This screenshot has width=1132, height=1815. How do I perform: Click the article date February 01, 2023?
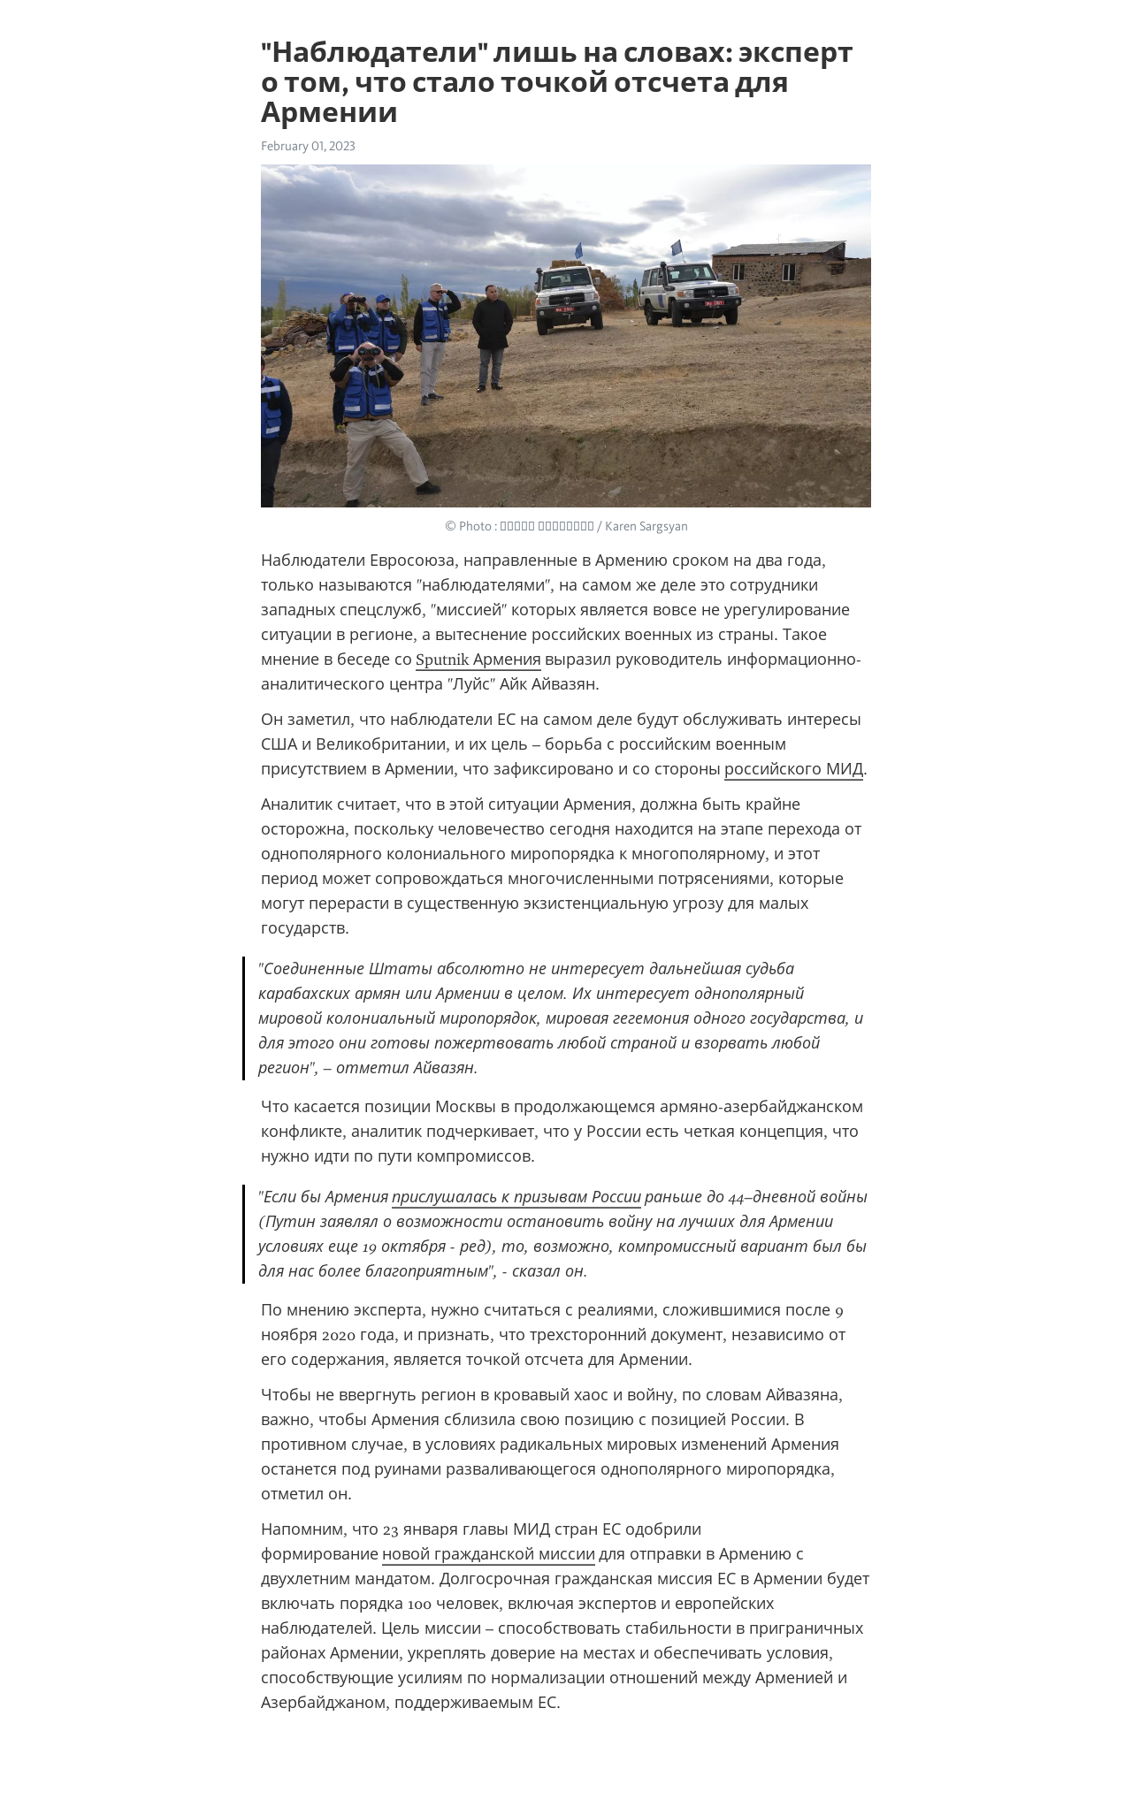(x=308, y=146)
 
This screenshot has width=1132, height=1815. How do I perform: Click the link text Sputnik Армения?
(x=478, y=660)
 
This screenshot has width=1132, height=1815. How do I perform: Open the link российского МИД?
(x=793, y=769)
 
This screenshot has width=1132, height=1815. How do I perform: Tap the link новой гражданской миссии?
(x=488, y=1554)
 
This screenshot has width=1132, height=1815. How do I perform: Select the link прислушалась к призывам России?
(x=516, y=1197)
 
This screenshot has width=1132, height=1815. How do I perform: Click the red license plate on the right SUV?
(x=713, y=303)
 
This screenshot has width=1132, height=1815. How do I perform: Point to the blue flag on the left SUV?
(x=578, y=250)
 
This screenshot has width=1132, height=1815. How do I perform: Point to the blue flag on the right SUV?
(x=677, y=247)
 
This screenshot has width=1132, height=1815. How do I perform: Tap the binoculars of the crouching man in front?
(x=369, y=352)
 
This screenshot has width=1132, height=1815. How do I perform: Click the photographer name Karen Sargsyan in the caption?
(x=646, y=527)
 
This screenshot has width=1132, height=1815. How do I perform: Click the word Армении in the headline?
(x=329, y=113)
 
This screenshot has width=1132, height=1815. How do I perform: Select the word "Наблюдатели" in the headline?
(x=373, y=53)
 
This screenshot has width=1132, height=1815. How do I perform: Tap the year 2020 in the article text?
(x=339, y=1335)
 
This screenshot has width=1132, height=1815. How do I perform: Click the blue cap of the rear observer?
(x=383, y=299)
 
